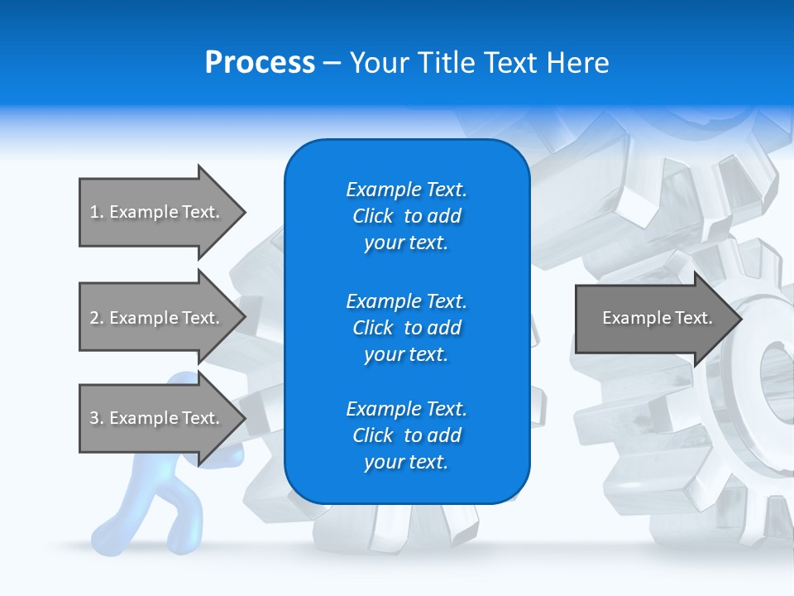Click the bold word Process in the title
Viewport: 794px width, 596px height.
(x=260, y=63)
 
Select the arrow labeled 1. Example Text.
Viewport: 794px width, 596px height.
(x=155, y=212)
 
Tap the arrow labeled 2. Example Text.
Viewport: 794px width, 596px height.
(x=155, y=318)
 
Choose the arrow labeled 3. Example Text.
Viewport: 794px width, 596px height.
(x=155, y=418)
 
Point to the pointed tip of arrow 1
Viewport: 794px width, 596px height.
(x=243, y=212)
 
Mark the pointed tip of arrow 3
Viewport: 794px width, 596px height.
(x=243, y=418)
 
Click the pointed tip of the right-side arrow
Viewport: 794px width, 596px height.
(x=740, y=318)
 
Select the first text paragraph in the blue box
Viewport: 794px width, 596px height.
(x=406, y=216)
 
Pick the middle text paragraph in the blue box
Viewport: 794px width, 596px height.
(x=406, y=328)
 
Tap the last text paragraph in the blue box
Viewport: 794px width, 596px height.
(x=406, y=435)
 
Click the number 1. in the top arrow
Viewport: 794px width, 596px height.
(x=97, y=212)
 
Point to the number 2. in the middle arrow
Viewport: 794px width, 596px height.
(x=97, y=318)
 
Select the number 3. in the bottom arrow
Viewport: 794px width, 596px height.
(x=97, y=418)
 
